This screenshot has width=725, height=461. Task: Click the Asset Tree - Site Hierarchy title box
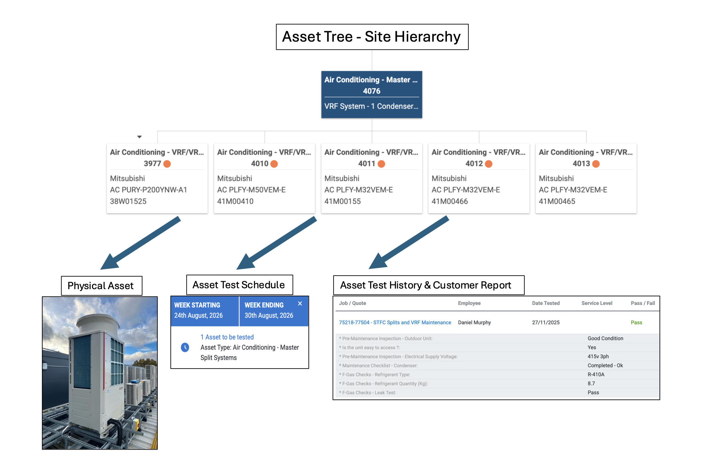(372, 37)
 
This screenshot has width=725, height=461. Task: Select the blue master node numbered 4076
(372, 94)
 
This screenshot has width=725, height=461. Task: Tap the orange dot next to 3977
(167, 164)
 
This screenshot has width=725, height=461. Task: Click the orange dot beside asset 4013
(596, 164)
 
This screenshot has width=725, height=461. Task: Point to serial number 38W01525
(128, 201)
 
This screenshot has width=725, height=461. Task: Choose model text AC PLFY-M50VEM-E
(251, 190)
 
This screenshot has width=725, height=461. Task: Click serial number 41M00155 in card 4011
(343, 201)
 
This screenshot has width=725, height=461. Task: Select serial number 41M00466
(450, 201)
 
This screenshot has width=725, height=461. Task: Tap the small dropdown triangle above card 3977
(139, 137)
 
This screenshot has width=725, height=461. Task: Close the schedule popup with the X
(300, 304)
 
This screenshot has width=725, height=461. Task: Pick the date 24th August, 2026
(198, 316)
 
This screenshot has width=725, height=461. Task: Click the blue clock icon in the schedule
(185, 348)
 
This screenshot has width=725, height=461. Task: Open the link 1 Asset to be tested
(227, 337)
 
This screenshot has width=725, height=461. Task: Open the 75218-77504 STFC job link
(395, 322)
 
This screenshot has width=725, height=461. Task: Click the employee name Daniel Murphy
(474, 322)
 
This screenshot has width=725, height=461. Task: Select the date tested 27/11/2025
(546, 322)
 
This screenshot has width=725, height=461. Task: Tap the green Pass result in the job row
(636, 322)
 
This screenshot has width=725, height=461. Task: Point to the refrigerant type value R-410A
(596, 374)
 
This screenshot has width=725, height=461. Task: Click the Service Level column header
(597, 303)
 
